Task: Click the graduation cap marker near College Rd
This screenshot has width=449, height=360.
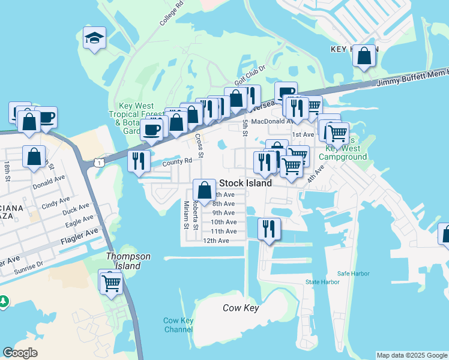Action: [x=94, y=39]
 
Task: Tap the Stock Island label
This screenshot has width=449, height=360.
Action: [x=246, y=183]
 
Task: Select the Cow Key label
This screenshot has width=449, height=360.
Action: [x=241, y=308]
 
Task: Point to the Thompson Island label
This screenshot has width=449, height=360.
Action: [x=128, y=261]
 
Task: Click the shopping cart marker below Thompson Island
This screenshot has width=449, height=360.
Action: [x=111, y=282]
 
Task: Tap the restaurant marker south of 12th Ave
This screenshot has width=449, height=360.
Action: [x=268, y=229]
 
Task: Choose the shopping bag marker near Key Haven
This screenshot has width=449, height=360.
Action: [x=364, y=57]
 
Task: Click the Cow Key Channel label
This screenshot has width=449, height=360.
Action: [x=178, y=325]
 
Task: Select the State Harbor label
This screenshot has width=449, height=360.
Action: [x=322, y=282]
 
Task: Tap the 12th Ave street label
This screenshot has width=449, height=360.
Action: [x=216, y=241]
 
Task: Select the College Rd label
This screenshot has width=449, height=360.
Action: [x=170, y=13]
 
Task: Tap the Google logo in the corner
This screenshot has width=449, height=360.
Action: [x=20, y=353]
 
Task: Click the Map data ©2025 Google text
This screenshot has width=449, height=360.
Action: [x=411, y=355]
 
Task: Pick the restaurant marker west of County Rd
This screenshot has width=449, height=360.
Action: [x=139, y=160]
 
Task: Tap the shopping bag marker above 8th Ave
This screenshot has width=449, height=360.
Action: [x=204, y=190]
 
